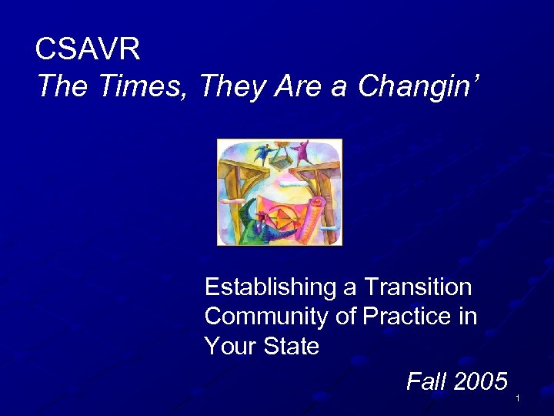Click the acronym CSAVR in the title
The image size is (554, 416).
pyautogui.click(x=88, y=50)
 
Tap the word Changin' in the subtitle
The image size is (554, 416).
pyautogui.click(x=419, y=86)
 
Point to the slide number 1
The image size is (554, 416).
pyautogui.click(x=519, y=398)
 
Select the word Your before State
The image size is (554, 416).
pyautogui.click(x=229, y=346)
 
